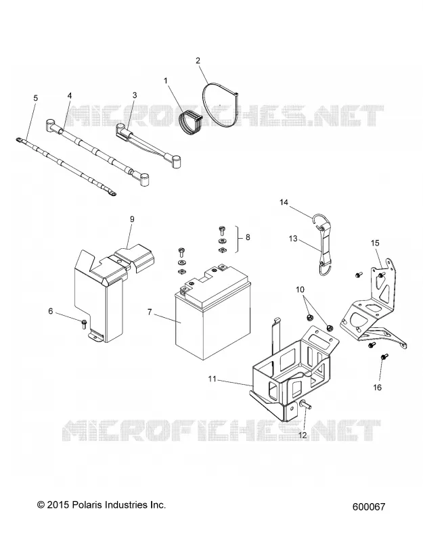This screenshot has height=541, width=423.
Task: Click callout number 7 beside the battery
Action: (x=150, y=312)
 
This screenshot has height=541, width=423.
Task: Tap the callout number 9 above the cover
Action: (x=132, y=219)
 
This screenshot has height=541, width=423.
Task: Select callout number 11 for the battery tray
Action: (x=213, y=379)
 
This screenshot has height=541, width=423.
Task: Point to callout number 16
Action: (x=378, y=387)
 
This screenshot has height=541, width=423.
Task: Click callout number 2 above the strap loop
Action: (x=198, y=61)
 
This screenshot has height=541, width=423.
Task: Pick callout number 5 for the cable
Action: (x=36, y=98)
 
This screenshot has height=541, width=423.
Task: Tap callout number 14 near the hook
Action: (x=284, y=202)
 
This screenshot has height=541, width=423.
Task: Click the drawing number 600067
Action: (x=369, y=507)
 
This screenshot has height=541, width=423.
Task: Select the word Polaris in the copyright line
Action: (x=85, y=504)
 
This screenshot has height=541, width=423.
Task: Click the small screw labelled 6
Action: (x=84, y=324)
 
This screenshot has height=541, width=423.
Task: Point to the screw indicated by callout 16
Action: (x=384, y=357)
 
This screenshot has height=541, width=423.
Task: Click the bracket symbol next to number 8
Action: (x=238, y=239)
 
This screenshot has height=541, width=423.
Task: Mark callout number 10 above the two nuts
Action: (x=300, y=289)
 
